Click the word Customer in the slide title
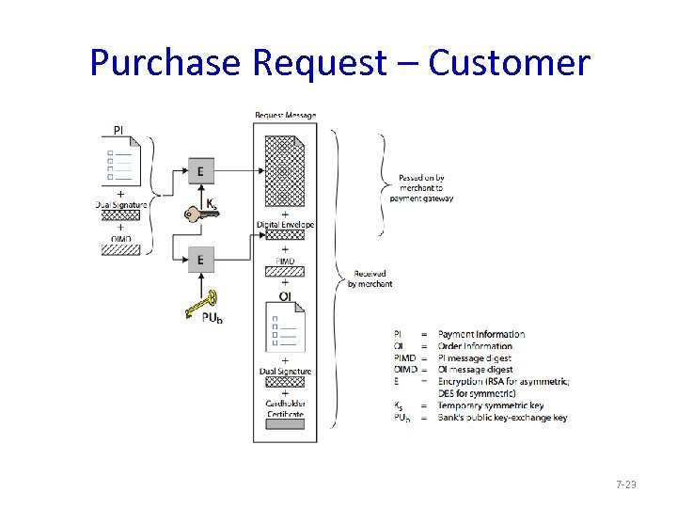pyautogui.click(x=509, y=63)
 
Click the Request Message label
pyautogui.click(x=285, y=116)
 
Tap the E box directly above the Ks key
pyautogui.click(x=200, y=171)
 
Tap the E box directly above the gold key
pyautogui.click(x=200, y=259)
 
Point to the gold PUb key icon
pyautogui.click(x=202, y=303)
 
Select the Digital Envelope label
pyautogui.click(x=285, y=225)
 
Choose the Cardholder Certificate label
pyautogui.click(x=285, y=409)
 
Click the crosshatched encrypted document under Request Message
pyautogui.click(x=285, y=169)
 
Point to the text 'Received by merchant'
pyautogui.click(x=370, y=279)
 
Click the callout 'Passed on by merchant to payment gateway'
pyautogui.click(x=425, y=187)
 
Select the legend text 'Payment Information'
pyautogui.click(x=481, y=334)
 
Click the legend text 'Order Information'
pyautogui.click(x=476, y=346)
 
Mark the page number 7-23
pyautogui.click(x=625, y=484)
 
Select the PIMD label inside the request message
pyautogui.click(x=285, y=260)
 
